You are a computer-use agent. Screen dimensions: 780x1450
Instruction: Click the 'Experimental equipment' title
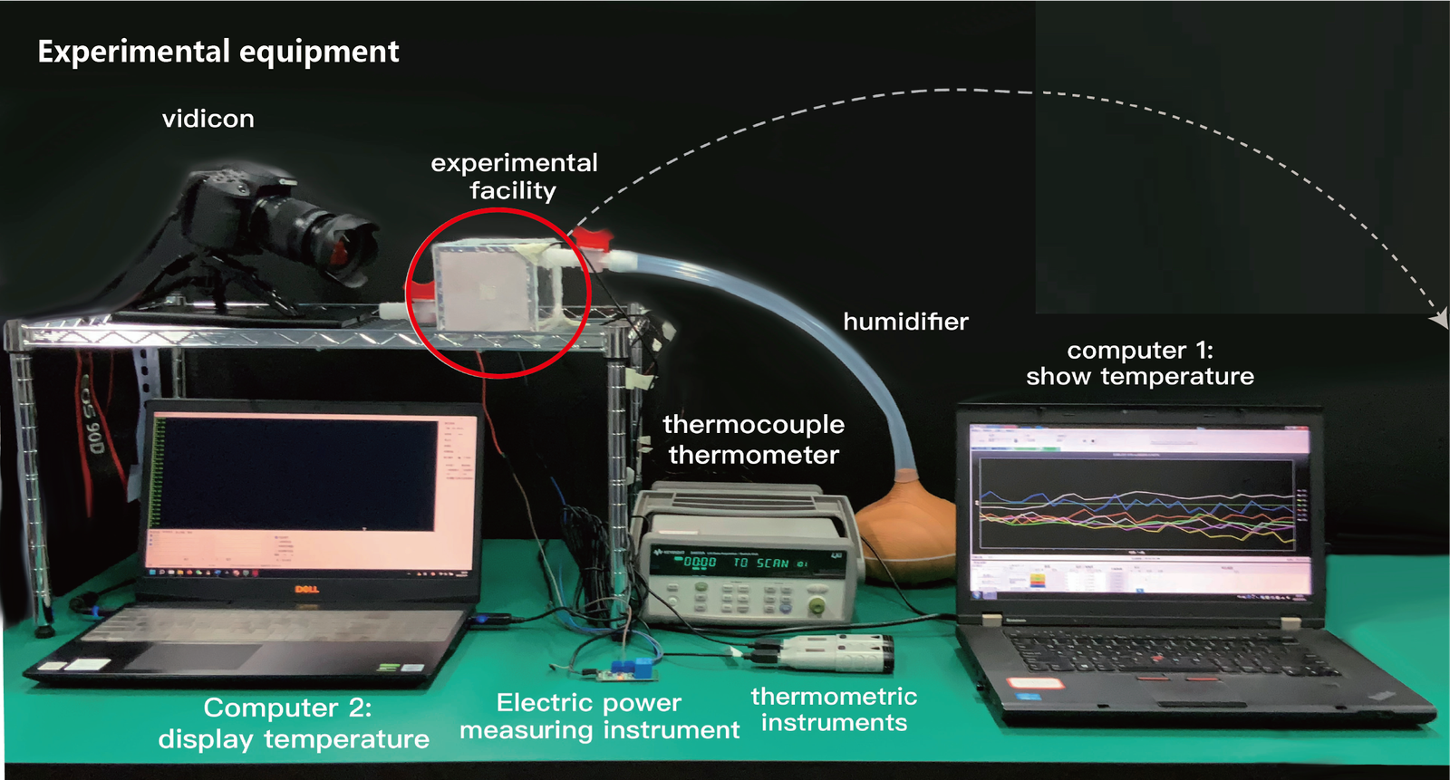217,52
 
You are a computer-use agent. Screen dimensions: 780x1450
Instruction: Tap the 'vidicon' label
208,119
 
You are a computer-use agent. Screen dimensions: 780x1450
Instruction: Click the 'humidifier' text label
905,322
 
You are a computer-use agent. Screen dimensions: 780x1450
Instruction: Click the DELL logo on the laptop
306,589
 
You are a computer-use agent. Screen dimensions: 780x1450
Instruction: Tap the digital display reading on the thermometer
700,563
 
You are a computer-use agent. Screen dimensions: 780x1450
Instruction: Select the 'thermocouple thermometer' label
753,439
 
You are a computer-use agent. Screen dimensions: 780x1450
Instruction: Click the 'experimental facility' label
514,177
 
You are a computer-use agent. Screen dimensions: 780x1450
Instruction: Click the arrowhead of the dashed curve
1439,319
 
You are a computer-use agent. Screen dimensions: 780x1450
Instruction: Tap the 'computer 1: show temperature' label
1140,363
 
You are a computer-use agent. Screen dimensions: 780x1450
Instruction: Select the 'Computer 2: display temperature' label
293,723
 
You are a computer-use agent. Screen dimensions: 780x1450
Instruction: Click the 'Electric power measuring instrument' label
599,716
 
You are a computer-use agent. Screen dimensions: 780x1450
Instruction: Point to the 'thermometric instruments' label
834,709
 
